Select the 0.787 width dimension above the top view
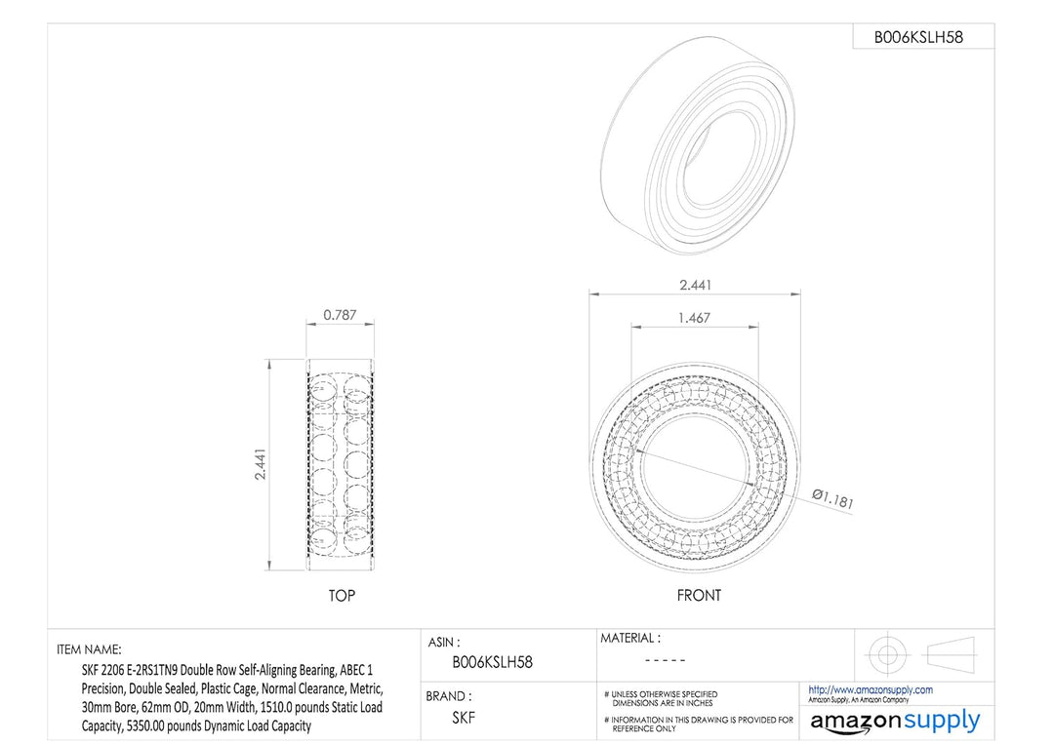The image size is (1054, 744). pyautogui.click(x=340, y=316)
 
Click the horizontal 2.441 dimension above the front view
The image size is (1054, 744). pyautogui.click(x=694, y=285)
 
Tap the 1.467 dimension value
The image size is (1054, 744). pyautogui.click(x=694, y=318)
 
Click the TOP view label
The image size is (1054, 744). pyautogui.click(x=341, y=596)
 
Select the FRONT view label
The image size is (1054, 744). pyautogui.click(x=699, y=596)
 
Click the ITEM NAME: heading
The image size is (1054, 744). pyautogui.click(x=90, y=648)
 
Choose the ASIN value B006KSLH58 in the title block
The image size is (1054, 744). pyautogui.click(x=492, y=662)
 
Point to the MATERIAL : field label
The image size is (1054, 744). pyautogui.click(x=629, y=638)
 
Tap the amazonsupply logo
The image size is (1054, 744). pyautogui.click(x=895, y=721)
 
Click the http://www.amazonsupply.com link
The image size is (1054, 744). pyautogui.click(x=871, y=689)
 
